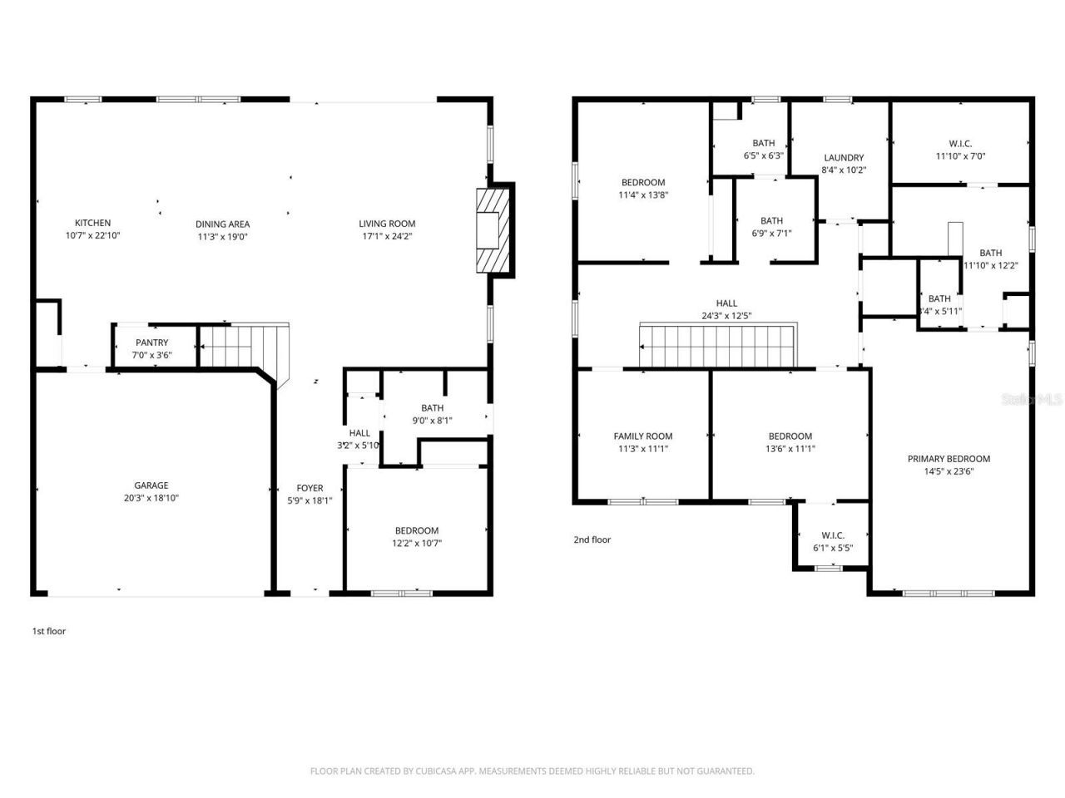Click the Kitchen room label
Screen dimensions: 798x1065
[x=92, y=223]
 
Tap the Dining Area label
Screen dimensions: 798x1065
[x=222, y=224]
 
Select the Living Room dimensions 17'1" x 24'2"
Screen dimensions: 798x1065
[x=387, y=236]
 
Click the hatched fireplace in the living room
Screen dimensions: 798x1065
[x=491, y=230]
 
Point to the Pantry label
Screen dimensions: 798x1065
[x=151, y=342]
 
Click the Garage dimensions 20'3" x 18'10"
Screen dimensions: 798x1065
[x=151, y=498]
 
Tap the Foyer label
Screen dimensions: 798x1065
[x=310, y=488]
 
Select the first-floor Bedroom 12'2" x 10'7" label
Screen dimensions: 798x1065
[x=416, y=530]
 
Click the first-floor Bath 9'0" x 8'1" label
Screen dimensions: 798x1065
[x=432, y=407]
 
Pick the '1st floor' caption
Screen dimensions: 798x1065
[x=48, y=631]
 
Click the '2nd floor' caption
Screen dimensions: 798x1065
[x=592, y=539]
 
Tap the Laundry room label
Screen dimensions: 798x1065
[x=844, y=157]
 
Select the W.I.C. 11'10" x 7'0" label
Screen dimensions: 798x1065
[x=960, y=143]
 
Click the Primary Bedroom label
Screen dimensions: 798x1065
[x=949, y=458]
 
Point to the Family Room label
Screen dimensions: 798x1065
[x=643, y=436]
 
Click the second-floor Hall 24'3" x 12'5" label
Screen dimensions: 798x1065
[x=726, y=303]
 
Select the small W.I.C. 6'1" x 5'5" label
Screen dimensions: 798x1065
[x=833, y=535]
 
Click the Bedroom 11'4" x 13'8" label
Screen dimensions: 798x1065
[x=643, y=182]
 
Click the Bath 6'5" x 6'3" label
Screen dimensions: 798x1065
[x=763, y=143]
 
